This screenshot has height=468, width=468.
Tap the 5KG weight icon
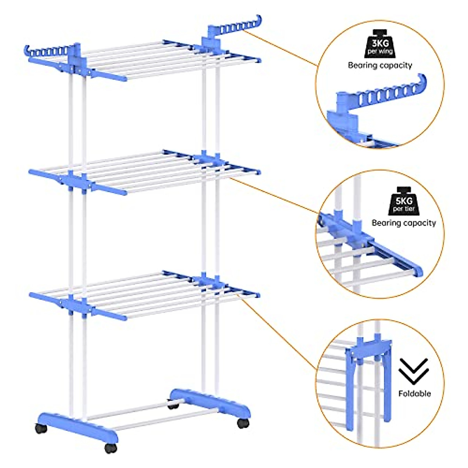coord(404,201)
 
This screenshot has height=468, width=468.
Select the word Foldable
coord(415,394)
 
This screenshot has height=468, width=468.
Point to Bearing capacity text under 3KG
coord(380,65)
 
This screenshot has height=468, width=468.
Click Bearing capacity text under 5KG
coord(404,223)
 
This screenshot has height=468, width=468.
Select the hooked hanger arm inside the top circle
coord(390,94)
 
